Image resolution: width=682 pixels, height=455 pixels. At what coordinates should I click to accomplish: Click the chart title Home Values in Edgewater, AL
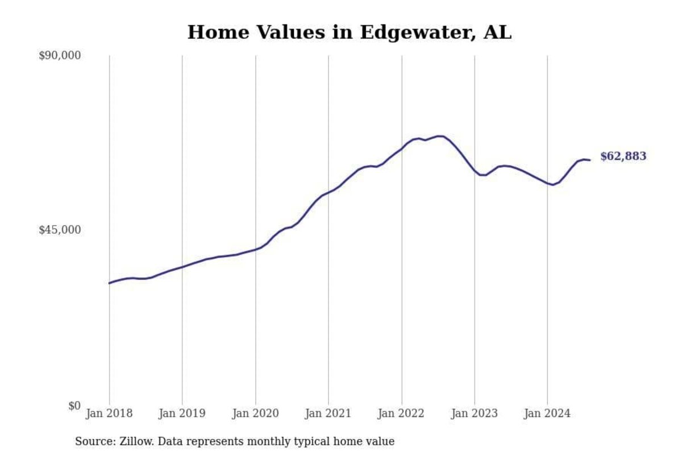coord(349,32)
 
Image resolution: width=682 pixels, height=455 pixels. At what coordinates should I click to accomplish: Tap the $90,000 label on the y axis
coord(60,56)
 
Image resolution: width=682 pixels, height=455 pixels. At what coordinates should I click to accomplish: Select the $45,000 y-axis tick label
coord(60,230)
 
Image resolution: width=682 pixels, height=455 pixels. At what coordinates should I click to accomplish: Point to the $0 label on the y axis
coord(74,406)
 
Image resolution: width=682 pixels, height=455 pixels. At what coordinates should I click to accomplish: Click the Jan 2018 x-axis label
coord(109,413)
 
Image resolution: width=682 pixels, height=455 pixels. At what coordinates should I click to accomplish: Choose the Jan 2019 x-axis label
coord(182,413)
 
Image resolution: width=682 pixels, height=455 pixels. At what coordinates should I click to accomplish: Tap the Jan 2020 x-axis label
coord(255,413)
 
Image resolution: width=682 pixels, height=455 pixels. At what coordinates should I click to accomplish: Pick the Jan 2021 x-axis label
coord(328,413)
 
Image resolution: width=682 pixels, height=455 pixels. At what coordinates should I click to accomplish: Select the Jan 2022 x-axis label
coord(401,413)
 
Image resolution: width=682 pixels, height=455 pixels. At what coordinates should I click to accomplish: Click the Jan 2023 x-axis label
coord(474,413)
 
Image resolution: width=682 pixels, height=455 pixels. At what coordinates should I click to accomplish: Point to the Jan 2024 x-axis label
coord(547,413)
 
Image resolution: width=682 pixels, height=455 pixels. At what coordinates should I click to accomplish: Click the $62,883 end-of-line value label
coord(623,156)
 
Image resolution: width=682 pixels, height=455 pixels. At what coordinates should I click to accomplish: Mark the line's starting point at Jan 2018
coord(109,283)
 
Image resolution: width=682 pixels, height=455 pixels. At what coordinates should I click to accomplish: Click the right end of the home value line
coord(590,160)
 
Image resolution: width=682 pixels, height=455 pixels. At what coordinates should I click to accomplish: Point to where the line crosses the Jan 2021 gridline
coord(328,192)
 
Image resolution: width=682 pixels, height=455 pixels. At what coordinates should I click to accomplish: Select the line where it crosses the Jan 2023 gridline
coord(474,170)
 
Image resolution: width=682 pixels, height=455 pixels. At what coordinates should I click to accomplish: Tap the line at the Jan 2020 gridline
coord(255,249)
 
